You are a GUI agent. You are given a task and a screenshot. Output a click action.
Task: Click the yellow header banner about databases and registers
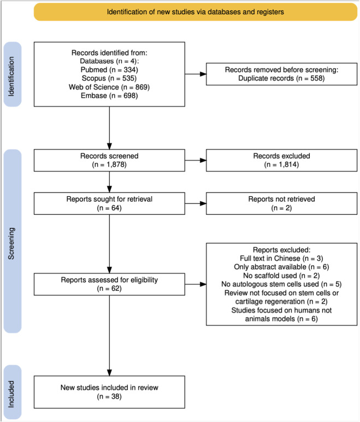pyautogui.click(x=196, y=12)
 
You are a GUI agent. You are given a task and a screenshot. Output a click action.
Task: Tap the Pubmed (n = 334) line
pyautogui.click(x=109, y=70)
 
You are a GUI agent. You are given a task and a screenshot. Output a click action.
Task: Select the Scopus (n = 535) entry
pyautogui.click(x=109, y=78)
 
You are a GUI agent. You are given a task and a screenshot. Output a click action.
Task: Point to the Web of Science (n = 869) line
pyautogui.click(x=109, y=87)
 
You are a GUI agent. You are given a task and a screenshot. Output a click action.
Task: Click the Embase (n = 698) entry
pyautogui.click(x=109, y=96)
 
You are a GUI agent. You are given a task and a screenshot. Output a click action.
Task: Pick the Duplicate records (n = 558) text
pyautogui.click(x=281, y=78)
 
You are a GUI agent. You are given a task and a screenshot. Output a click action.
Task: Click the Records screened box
pyautogui.click(x=109, y=160)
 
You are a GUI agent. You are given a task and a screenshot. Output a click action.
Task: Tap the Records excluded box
pyautogui.click(x=281, y=160)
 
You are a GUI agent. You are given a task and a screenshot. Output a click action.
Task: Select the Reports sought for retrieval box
pyautogui.click(x=109, y=203)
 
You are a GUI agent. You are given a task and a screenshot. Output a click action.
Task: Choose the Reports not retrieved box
pyautogui.click(x=281, y=203)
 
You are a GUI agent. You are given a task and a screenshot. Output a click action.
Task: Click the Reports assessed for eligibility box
pyautogui.click(x=109, y=284)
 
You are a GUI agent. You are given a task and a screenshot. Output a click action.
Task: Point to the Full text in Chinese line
pyautogui.click(x=281, y=259)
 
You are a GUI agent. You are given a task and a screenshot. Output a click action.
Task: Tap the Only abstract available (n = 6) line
pyautogui.click(x=281, y=267)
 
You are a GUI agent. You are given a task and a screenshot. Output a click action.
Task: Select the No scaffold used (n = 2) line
pyautogui.click(x=281, y=276)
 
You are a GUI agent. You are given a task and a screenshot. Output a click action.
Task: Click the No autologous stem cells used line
pyautogui.click(x=281, y=284)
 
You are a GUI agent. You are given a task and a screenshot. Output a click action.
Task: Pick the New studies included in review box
pyautogui.click(x=109, y=392)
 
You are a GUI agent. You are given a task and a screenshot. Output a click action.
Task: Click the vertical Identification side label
pyautogui.click(x=11, y=76)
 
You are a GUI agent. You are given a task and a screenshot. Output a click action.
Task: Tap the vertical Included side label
pyautogui.click(x=11, y=394)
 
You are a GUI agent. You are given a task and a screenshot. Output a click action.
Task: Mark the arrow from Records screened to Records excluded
pyautogui.click(x=196, y=160)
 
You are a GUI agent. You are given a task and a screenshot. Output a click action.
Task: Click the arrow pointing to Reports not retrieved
pyautogui.click(x=196, y=203)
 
